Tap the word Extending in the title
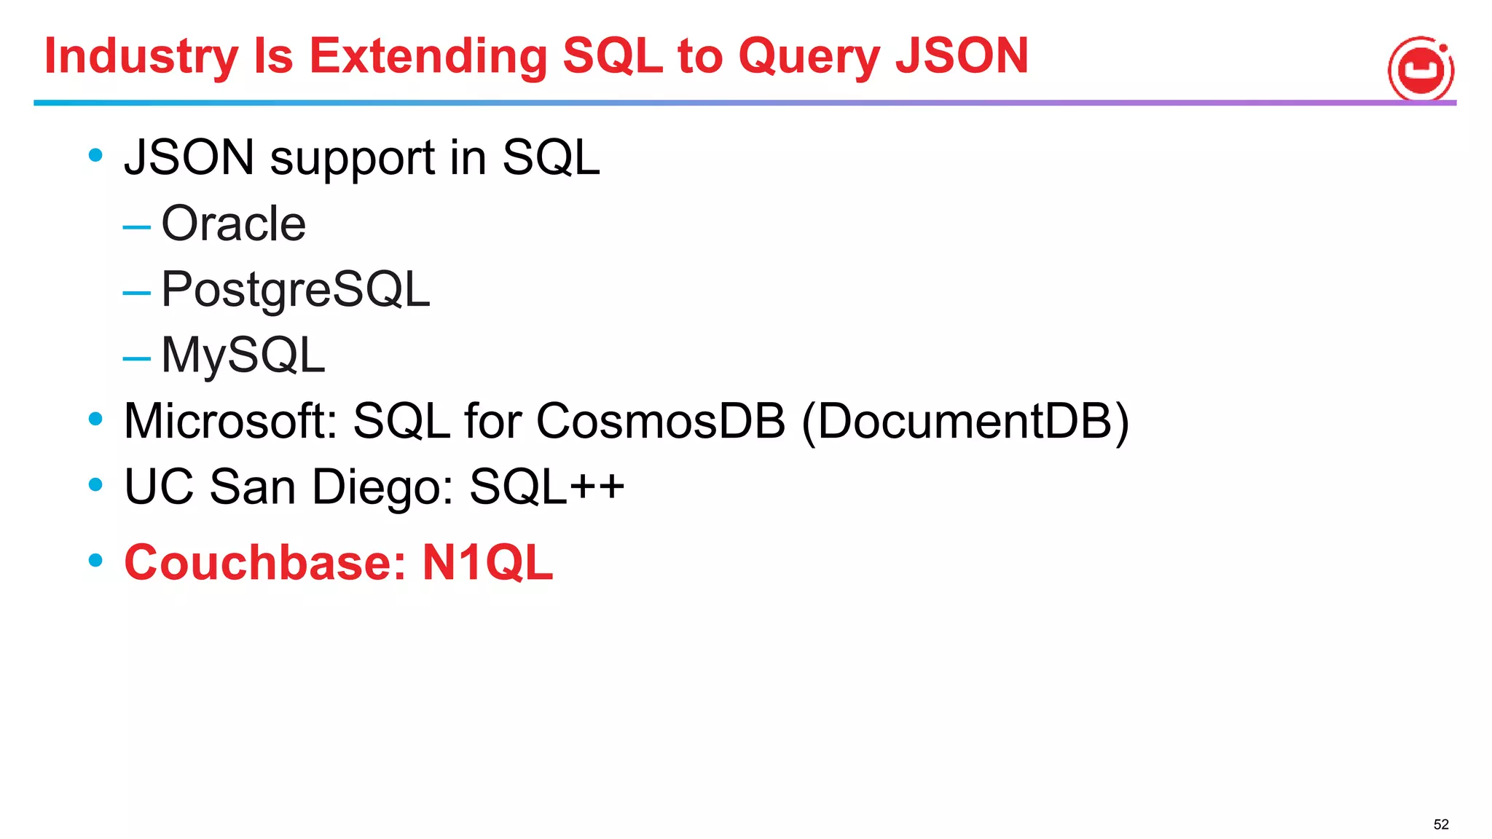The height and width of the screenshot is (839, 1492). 428,57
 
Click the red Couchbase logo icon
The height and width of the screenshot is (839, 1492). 1421,70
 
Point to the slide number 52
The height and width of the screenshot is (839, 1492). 1440,824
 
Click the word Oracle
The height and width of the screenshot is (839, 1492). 233,224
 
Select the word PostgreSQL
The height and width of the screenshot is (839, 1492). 295,290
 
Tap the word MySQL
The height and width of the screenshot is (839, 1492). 243,355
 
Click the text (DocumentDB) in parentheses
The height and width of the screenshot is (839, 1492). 965,421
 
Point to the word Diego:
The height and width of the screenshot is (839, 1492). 383,487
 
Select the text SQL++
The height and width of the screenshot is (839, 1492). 546,487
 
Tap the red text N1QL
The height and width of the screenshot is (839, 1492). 487,562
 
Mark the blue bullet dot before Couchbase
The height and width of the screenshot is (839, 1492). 95,560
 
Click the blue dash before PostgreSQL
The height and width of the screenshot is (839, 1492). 137,294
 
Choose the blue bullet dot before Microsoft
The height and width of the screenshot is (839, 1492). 95,419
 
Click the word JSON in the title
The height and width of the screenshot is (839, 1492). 962,57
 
